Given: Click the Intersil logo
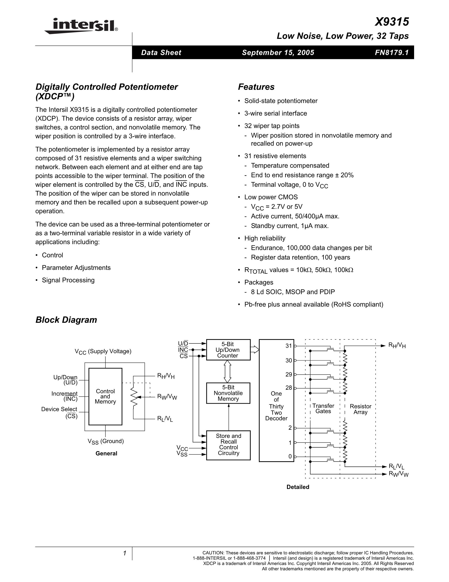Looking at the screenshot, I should coord(81,26).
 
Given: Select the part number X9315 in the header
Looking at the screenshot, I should coord(391,22).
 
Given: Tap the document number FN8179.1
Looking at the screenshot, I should coord(391,52).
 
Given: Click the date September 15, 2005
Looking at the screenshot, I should coord(278,52).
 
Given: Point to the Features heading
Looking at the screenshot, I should coord(256,87).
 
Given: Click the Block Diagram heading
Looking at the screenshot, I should coord(66,320).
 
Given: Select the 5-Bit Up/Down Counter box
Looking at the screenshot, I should coord(228,350).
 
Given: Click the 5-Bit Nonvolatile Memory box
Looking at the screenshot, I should coord(228,393).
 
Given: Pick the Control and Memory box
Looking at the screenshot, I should coord(105,397).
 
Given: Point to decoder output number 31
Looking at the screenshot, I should coord(289,346).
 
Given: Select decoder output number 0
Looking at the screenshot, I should coord(290,457).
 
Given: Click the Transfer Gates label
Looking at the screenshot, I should coord(323,409).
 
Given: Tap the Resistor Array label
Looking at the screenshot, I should coord(360,409).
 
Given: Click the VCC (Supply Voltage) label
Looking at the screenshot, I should coord(103,351).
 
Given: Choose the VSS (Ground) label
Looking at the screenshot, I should coord(106,441).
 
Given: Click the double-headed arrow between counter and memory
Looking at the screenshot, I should coord(227,371).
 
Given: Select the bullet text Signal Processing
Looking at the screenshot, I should coord(68,280).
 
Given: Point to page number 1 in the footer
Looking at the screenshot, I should coord(125,553).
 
